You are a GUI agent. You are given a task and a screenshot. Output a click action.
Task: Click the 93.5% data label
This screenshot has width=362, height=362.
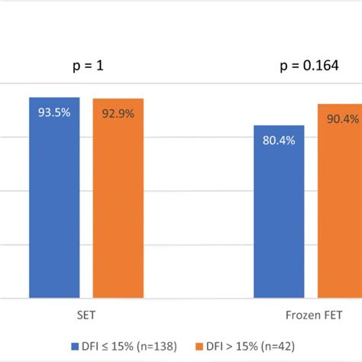(54, 112)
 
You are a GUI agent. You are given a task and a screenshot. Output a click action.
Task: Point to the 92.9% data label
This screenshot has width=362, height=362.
(118, 113)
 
